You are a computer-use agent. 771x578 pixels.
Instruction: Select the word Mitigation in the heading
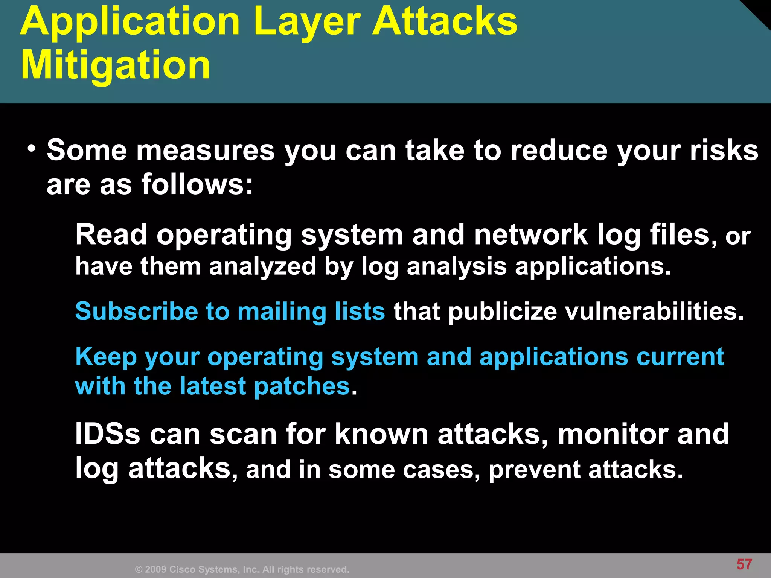[x=115, y=66]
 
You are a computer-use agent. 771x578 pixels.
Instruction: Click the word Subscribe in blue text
[x=136, y=312]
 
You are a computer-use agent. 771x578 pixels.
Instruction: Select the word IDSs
[x=108, y=434]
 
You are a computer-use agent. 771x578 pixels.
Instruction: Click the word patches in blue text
[x=302, y=386]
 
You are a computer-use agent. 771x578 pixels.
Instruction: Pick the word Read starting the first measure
[x=111, y=235]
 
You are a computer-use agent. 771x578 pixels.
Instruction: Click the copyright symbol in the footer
[x=139, y=570]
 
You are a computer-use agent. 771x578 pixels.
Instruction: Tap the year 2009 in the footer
[x=155, y=570]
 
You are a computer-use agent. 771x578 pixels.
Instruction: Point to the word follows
[x=197, y=185]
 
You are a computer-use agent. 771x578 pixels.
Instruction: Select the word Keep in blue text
[x=106, y=357]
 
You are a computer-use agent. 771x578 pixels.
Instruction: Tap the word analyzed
[x=262, y=266]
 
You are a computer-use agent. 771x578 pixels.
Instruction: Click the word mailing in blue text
[x=282, y=312]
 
